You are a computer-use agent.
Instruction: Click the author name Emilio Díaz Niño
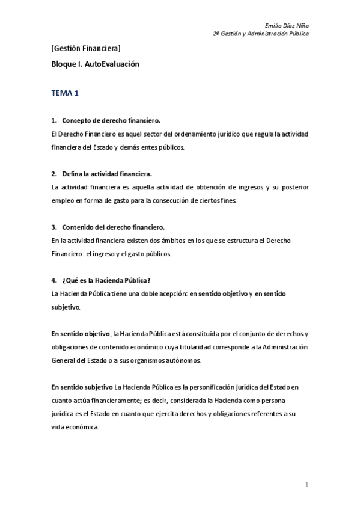click(x=287, y=25)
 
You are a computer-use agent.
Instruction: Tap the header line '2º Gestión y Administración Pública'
click(x=261, y=34)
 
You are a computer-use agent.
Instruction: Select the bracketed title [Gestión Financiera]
click(x=86, y=49)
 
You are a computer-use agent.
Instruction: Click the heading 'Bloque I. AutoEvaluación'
click(x=96, y=63)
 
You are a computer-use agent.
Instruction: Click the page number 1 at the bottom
click(x=306, y=485)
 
